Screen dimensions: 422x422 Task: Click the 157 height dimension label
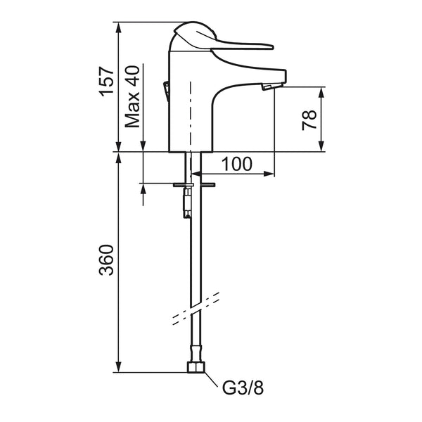(x=107, y=82)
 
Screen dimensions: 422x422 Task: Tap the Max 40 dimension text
(x=133, y=96)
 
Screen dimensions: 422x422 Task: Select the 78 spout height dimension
(x=309, y=120)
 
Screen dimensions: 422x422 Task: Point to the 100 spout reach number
(x=237, y=164)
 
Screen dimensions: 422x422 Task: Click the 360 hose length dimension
(x=107, y=260)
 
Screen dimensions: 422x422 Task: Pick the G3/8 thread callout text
(x=243, y=388)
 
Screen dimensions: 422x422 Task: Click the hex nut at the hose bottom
(x=196, y=367)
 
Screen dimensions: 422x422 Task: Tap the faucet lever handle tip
(x=271, y=47)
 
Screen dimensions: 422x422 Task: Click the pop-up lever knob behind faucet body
(x=167, y=91)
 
